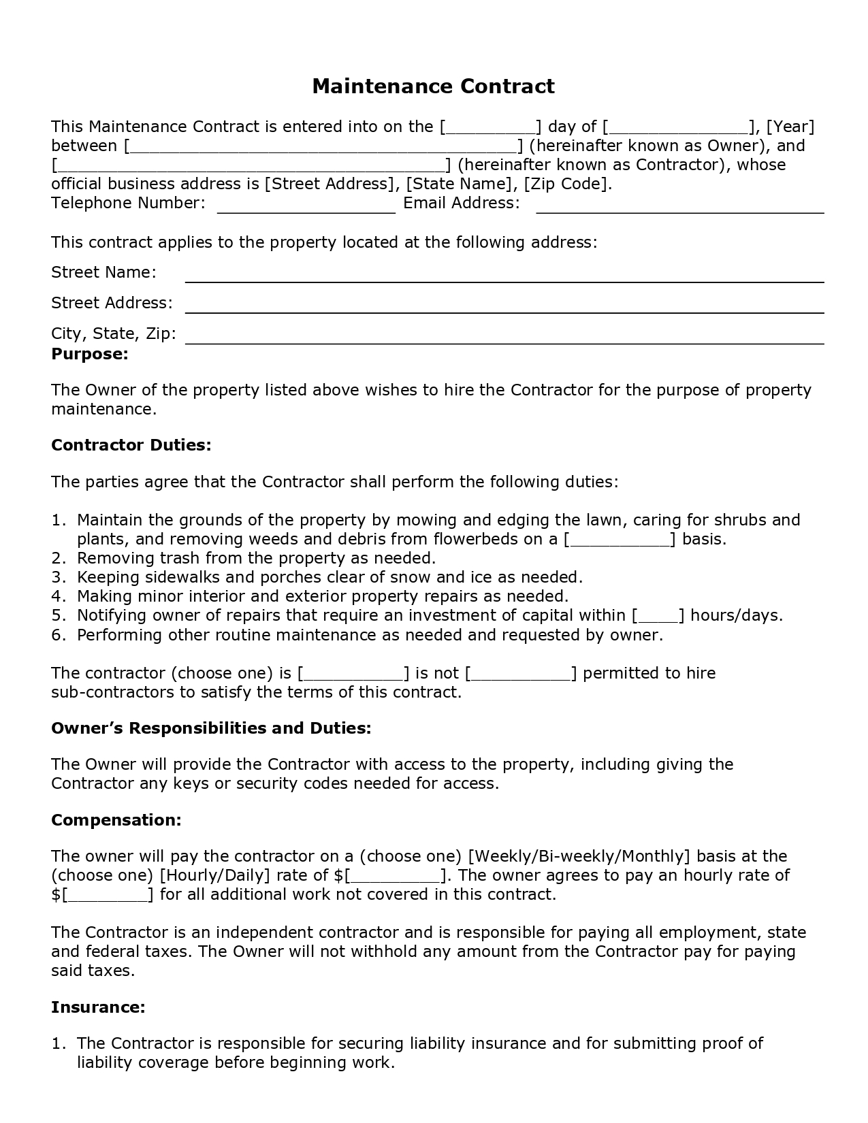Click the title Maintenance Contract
tap(433, 86)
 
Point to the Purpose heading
tap(90, 354)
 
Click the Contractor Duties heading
tap(131, 445)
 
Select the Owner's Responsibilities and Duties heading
tap(211, 728)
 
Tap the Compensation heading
tap(116, 820)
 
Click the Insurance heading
tap(98, 1007)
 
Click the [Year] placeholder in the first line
tap(790, 127)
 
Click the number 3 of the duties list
tap(58, 578)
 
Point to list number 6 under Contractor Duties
tap(58, 636)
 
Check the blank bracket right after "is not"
tap(521, 674)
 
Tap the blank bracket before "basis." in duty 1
tap(620, 540)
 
